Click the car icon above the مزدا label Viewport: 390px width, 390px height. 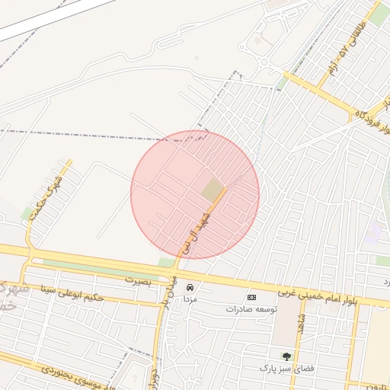pos(190,287)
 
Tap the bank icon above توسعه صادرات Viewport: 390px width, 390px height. pos(251,297)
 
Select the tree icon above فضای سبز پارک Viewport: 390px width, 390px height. pos(286,356)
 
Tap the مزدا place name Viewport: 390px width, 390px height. pos(190,299)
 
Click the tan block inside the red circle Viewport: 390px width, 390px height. pos(213,190)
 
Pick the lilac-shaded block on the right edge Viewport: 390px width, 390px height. pos(372,233)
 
